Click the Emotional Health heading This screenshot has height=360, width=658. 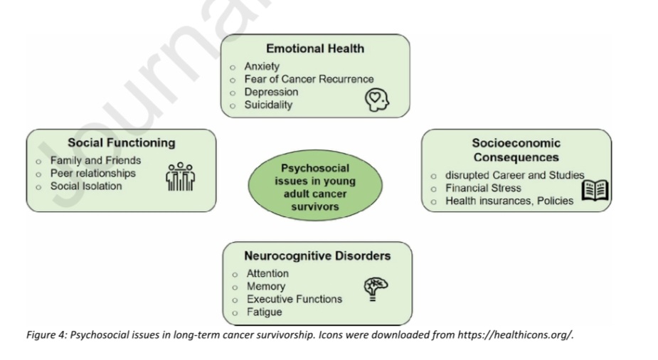(314, 48)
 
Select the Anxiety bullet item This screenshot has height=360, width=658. (262, 66)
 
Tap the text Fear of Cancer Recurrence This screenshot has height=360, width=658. (309, 79)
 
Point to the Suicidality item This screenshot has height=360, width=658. (268, 105)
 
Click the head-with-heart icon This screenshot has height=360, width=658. (378, 100)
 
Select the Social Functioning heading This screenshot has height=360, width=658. (121, 142)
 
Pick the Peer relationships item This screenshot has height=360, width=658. (92, 173)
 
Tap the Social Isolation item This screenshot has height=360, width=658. (85, 186)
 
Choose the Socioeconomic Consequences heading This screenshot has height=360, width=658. (516, 150)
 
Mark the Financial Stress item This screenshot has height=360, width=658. (483, 188)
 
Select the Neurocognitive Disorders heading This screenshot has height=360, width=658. (317, 255)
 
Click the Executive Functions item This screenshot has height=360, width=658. (294, 299)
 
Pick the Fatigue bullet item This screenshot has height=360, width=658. (264, 312)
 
